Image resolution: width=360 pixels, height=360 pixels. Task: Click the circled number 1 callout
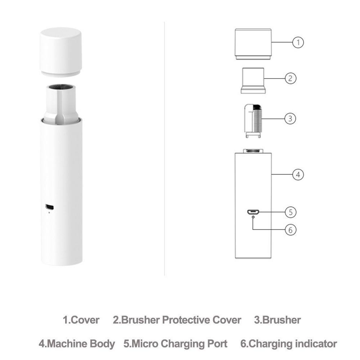(x=298, y=42)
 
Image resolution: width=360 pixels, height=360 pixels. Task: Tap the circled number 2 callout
(x=290, y=78)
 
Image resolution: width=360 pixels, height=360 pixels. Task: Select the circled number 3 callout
(x=290, y=118)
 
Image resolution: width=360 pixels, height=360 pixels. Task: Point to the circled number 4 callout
(x=298, y=175)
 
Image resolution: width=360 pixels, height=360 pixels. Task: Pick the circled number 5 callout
(x=291, y=212)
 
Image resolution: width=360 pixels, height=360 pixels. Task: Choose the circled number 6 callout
(x=291, y=229)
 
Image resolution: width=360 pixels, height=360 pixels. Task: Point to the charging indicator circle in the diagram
(x=253, y=217)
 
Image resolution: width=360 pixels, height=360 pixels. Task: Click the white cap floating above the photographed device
(x=60, y=50)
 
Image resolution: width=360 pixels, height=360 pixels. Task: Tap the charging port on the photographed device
(x=49, y=207)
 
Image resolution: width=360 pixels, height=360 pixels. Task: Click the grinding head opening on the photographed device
(x=60, y=87)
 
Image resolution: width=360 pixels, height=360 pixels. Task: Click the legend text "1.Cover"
(x=81, y=320)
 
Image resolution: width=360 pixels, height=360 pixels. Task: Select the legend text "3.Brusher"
(x=277, y=320)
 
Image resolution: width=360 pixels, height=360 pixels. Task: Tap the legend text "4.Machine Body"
(x=77, y=343)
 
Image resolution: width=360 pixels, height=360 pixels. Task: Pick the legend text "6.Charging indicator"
(x=288, y=343)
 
